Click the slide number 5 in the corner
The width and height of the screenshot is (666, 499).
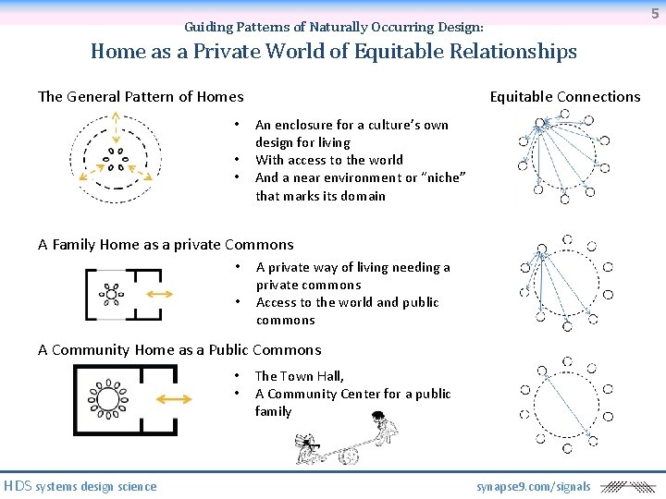[x=655, y=13]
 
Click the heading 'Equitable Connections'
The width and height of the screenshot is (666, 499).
[x=564, y=97]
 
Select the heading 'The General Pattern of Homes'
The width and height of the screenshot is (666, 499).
[x=141, y=97]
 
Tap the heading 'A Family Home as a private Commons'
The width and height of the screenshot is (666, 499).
[x=166, y=245]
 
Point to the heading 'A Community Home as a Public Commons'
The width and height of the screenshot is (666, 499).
[x=179, y=350]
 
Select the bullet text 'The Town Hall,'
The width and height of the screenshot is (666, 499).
[x=299, y=376]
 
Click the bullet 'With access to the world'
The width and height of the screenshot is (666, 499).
[x=328, y=160]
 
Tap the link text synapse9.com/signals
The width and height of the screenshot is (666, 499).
[x=534, y=486]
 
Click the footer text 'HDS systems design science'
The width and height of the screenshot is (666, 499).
[x=80, y=486]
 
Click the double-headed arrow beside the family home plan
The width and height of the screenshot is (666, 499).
[x=159, y=294]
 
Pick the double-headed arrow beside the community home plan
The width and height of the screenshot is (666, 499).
[x=175, y=399]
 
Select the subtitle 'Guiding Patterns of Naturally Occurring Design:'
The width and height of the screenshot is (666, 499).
[x=333, y=28]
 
